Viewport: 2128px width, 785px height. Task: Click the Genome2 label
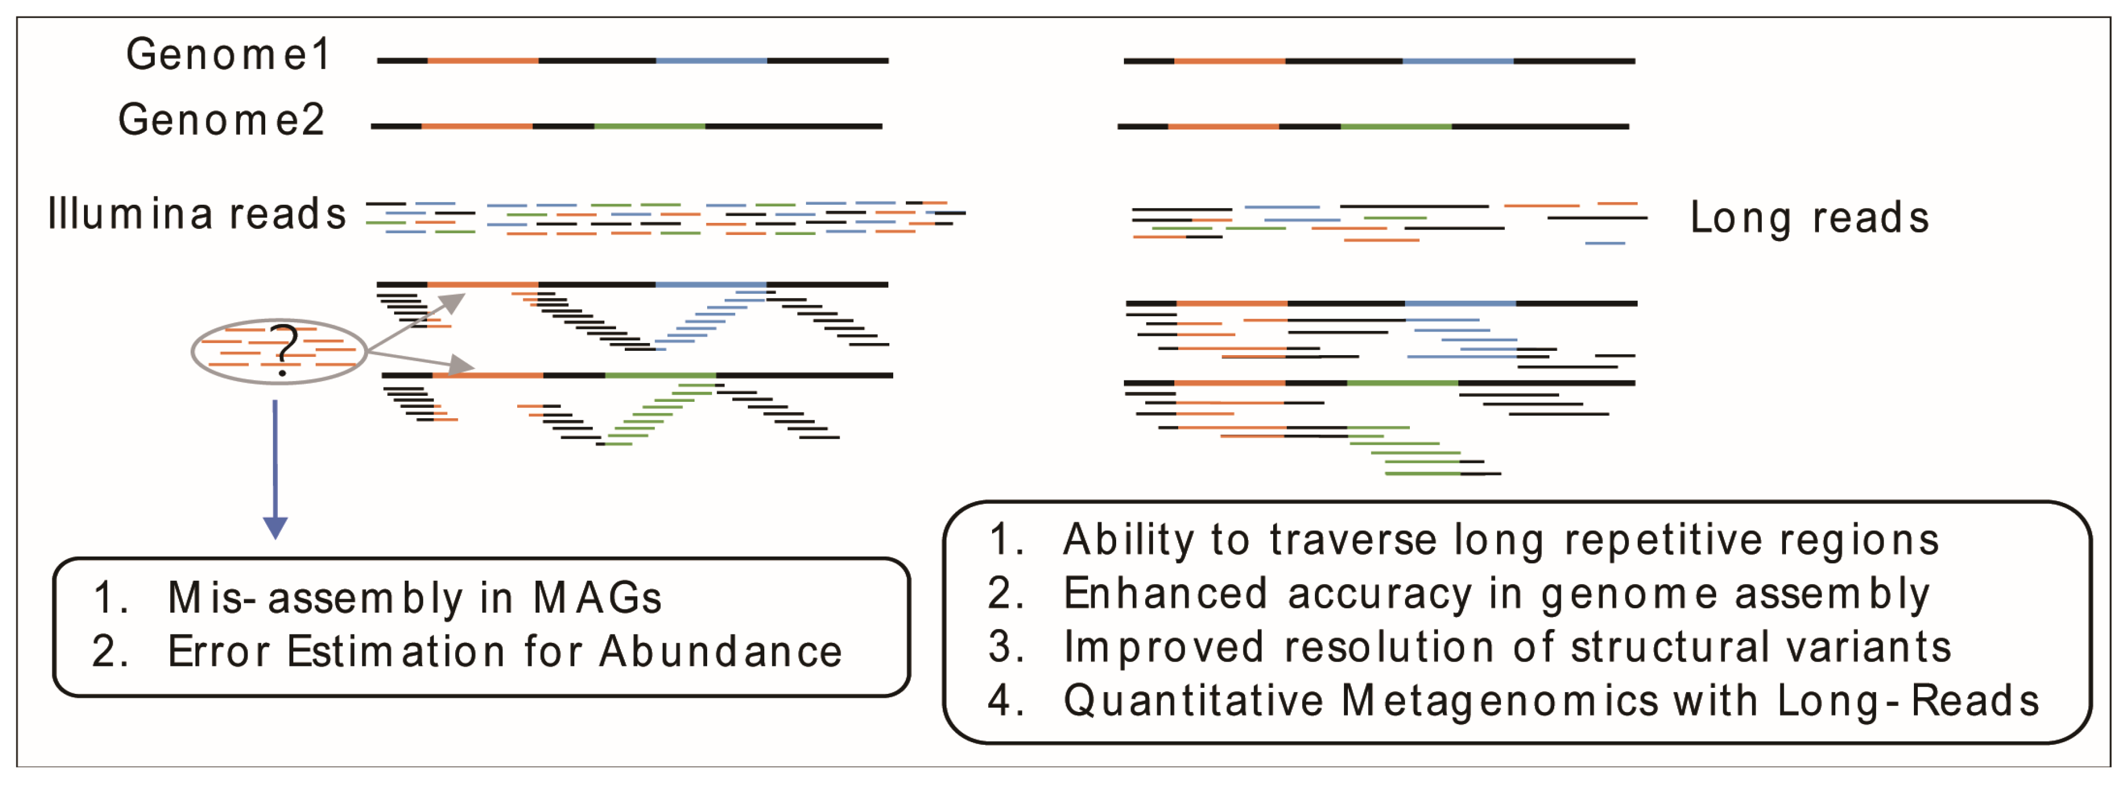[x=221, y=121]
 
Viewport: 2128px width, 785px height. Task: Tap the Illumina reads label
[x=197, y=215]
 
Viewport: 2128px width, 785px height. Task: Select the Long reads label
[x=1809, y=218]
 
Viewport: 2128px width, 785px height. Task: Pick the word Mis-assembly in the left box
[x=315, y=598]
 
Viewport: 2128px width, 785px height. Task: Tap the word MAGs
[x=596, y=598]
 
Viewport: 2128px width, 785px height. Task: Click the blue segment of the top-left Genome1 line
[x=712, y=60]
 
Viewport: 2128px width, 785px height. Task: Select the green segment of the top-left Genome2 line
[x=649, y=126]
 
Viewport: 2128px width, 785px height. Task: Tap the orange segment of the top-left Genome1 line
[x=483, y=60]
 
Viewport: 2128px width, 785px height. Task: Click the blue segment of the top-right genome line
[x=1458, y=61]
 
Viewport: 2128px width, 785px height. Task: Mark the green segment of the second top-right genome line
[x=1396, y=126]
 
